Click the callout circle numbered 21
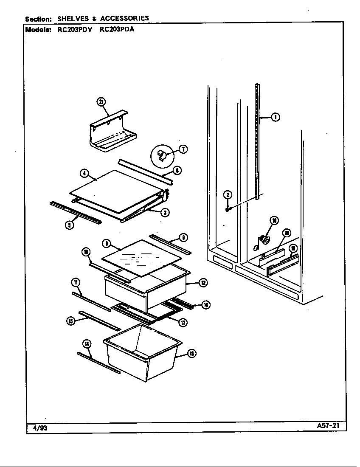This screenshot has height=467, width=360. point(101,102)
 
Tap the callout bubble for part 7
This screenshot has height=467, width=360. point(183,149)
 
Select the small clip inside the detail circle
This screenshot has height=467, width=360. point(161,155)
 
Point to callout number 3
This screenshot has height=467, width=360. point(167,212)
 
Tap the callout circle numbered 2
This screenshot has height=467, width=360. point(228,195)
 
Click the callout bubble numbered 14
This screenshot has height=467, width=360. point(87,344)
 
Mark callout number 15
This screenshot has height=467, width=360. point(70,321)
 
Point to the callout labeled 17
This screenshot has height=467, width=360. point(183,322)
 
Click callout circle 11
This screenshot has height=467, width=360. point(75,283)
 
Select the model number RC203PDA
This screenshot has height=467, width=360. point(116,30)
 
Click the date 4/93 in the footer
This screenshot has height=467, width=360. point(40,428)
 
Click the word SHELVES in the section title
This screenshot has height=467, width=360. point(73,18)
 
